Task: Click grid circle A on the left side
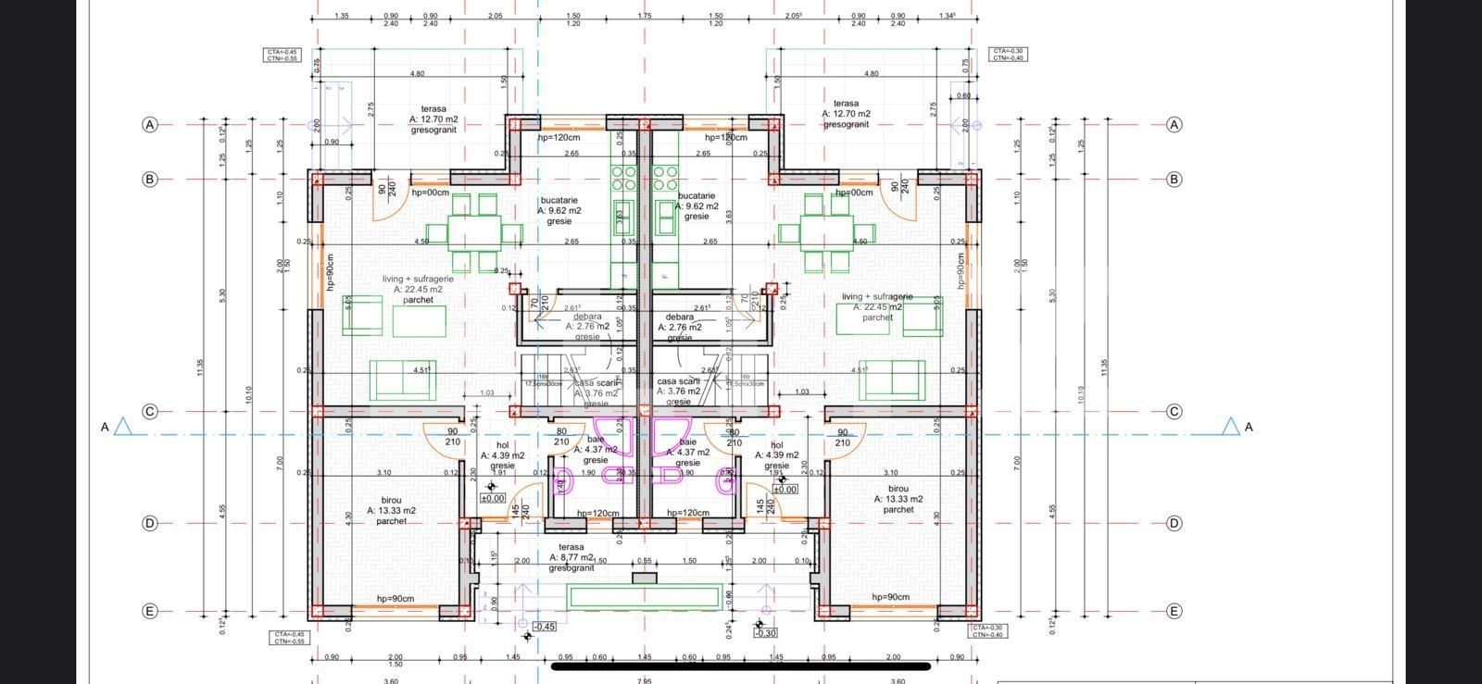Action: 150,124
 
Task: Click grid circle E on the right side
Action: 1174,611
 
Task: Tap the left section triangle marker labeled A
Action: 122,427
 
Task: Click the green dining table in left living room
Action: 475,232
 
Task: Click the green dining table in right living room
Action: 827,232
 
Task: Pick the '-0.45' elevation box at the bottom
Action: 545,627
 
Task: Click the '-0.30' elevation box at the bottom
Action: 765,633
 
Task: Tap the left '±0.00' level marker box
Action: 492,498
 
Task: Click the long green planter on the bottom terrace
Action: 645,596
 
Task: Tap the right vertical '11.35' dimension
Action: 1103,367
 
